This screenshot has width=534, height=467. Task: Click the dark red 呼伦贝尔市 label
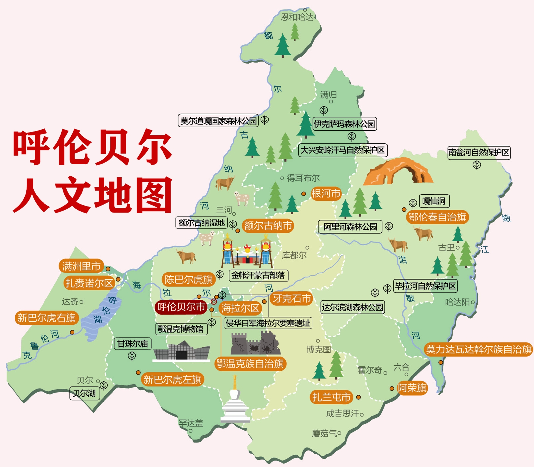point(181,307)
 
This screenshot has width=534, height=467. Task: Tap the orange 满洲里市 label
point(81,266)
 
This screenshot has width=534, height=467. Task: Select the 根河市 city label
point(325,194)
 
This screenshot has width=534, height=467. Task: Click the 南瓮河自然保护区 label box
point(479,153)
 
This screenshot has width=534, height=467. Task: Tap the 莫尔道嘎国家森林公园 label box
point(218,121)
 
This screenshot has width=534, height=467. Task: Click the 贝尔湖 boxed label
point(84,393)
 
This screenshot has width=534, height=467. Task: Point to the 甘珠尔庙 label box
point(133,344)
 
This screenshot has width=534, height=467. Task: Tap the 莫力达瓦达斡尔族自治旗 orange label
point(479,349)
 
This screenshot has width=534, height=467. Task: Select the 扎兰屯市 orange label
point(331,397)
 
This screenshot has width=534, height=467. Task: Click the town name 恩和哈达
point(297,17)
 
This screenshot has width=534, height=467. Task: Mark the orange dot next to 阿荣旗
point(392,389)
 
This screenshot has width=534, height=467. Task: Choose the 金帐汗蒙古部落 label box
point(258,275)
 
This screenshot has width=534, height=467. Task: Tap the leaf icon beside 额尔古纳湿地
point(233,224)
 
